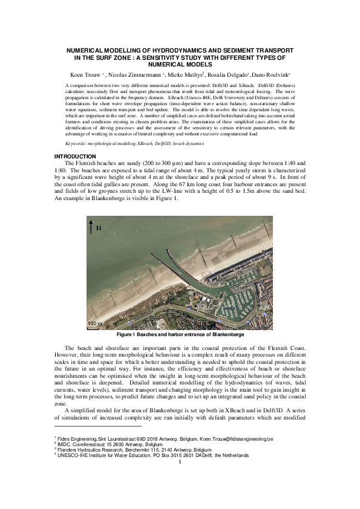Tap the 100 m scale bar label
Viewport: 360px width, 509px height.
click(94, 323)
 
